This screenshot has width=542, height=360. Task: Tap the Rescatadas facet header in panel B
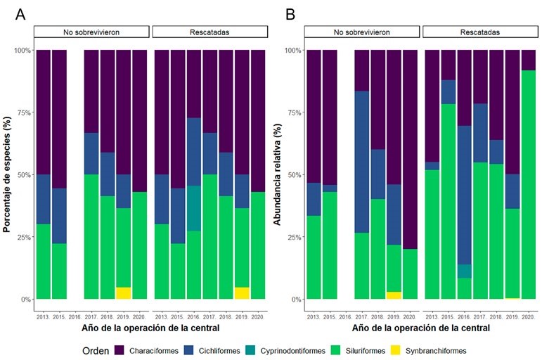[480, 32]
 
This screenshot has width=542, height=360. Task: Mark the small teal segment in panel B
[464, 271]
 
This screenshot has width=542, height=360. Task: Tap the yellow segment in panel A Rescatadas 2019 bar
[241, 292]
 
